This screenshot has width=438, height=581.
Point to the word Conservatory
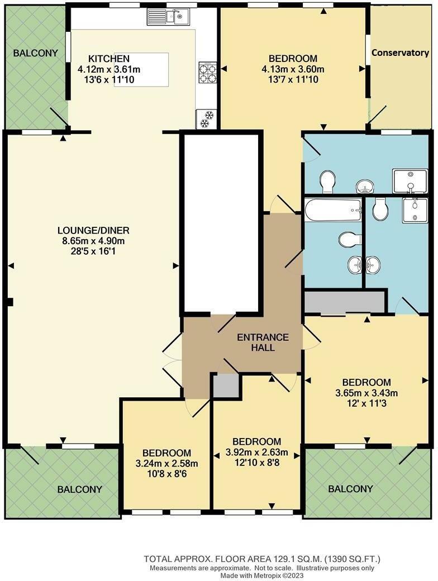400,53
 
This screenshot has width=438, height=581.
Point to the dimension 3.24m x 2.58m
166,463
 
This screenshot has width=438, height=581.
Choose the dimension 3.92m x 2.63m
256,452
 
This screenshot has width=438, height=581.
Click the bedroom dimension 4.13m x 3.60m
293,69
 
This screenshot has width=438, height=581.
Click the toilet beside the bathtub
347,240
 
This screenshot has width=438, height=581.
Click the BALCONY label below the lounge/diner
80,489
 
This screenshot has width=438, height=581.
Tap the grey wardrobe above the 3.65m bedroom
345,302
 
